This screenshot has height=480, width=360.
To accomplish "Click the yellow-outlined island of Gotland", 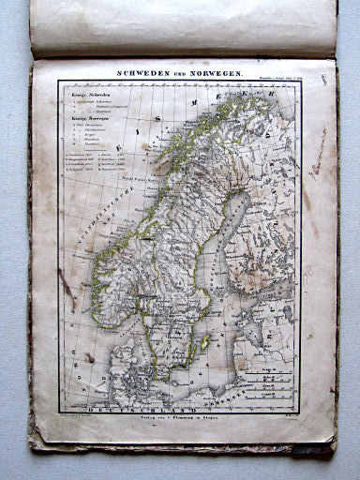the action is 203,341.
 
